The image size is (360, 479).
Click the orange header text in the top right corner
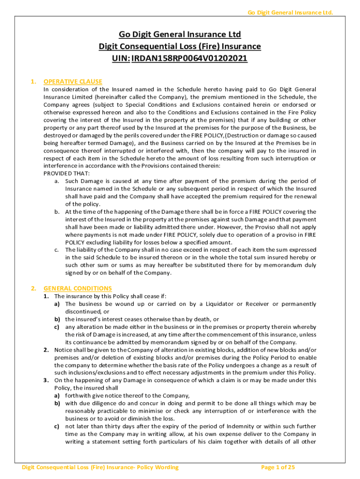[290, 12]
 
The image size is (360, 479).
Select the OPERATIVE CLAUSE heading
[72, 81]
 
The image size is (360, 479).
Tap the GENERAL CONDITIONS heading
[78, 289]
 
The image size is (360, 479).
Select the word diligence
[109, 403]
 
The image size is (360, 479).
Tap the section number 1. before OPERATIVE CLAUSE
[33, 81]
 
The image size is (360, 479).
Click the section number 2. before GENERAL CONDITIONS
[33, 289]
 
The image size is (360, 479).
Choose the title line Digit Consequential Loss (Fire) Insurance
[180, 46]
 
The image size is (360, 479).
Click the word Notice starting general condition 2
[64, 350]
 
